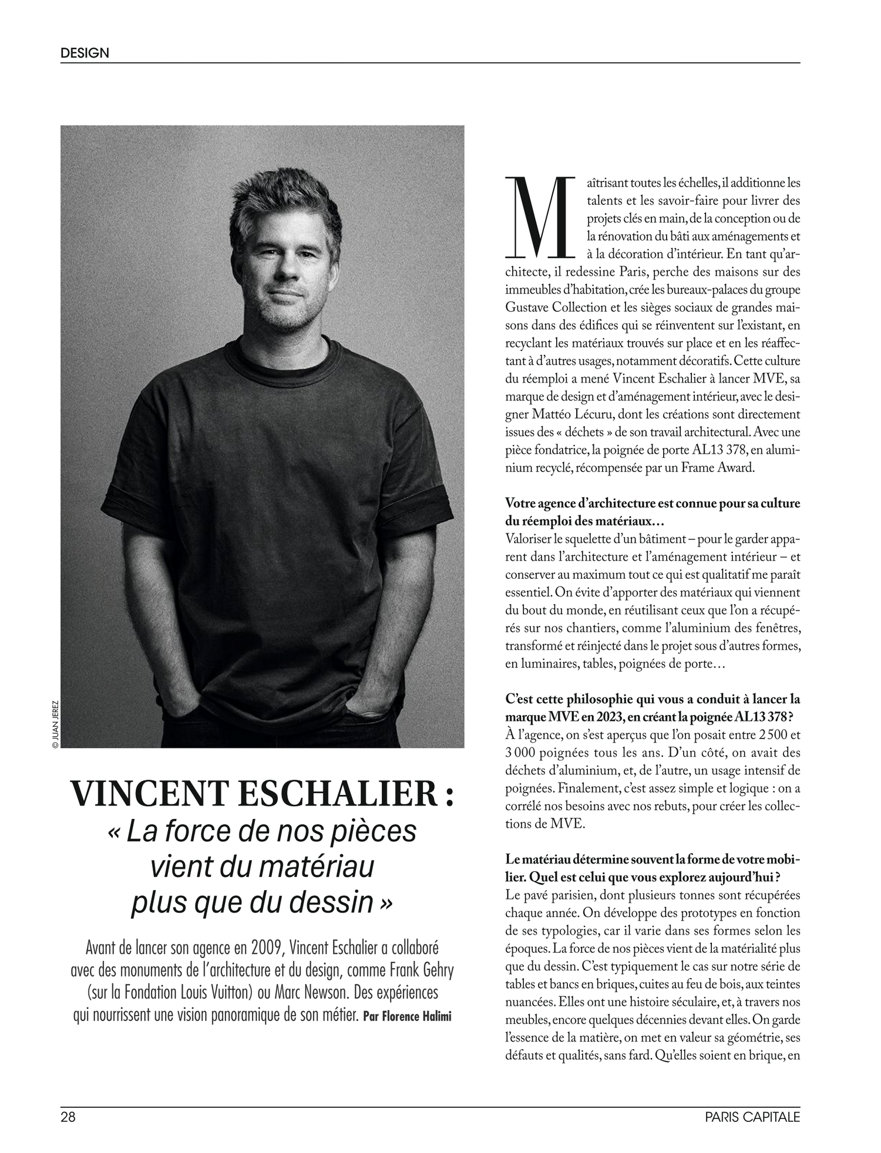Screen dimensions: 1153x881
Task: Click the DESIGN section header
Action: [85, 53]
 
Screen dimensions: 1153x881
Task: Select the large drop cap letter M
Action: [539, 217]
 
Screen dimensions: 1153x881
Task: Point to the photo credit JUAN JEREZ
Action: [55, 724]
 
